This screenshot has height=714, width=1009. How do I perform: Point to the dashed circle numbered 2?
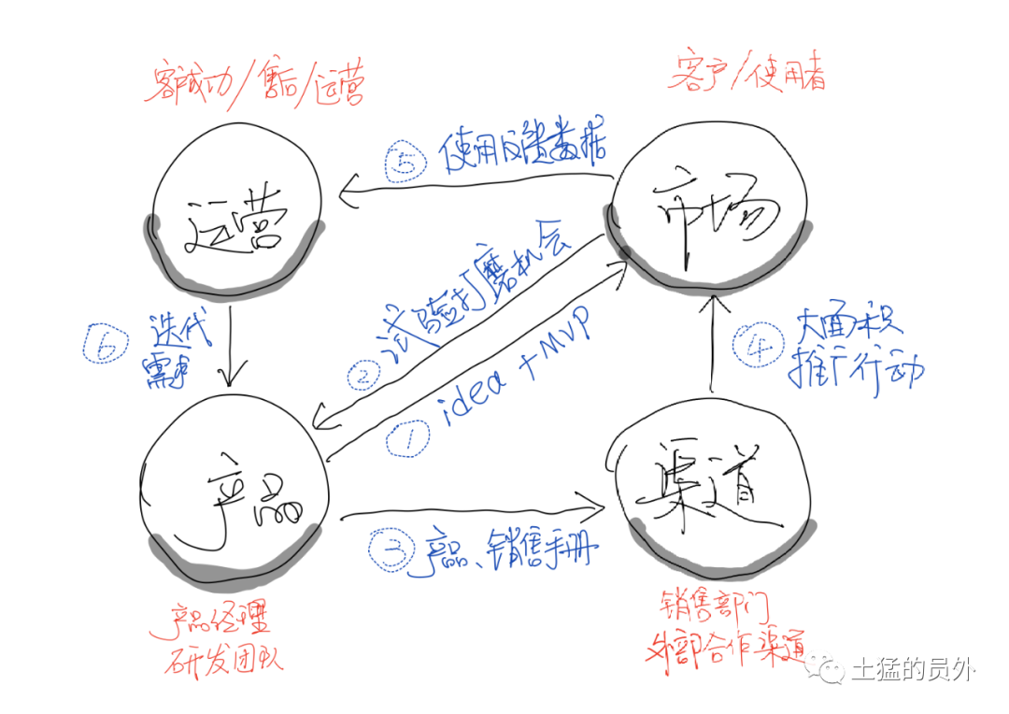pyautogui.click(x=362, y=378)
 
